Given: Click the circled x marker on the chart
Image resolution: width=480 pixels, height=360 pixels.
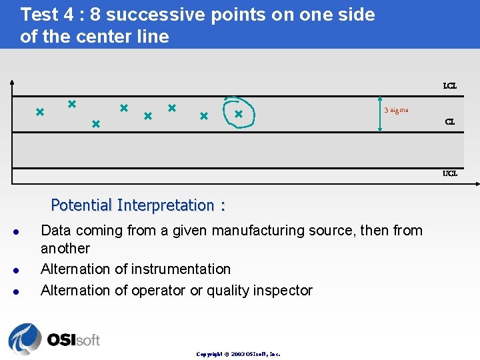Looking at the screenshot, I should pyautogui.click(x=238, y=114).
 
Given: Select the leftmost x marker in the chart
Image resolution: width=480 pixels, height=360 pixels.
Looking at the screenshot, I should pyautogui.click(x=39, y=111).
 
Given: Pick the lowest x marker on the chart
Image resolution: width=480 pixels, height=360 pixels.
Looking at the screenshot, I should pyautogui.click(x=95, y=124).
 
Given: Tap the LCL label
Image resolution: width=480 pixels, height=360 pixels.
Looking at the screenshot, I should pyautogui.click(x=450, y=86).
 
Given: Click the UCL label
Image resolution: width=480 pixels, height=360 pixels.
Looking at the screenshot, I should pyautogui.click(x=450, y=173).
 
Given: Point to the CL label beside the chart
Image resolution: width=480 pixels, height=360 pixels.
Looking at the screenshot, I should pyautogui.click(x=450, y=122).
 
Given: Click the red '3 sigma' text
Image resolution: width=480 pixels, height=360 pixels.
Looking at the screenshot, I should pyautogui.click(x=396, y=110).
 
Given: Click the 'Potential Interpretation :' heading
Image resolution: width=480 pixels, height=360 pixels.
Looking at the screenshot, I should pyautogui.click(x=138, y=205).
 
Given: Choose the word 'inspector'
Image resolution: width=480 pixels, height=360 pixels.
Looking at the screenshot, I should pyautogui.click(x=283, y=290).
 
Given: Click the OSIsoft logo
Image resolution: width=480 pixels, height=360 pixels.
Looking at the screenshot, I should pyautogui.click(x=54, y=339).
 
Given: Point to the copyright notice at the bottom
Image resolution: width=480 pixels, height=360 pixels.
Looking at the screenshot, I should pyautogui.click(x=238, y=354).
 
